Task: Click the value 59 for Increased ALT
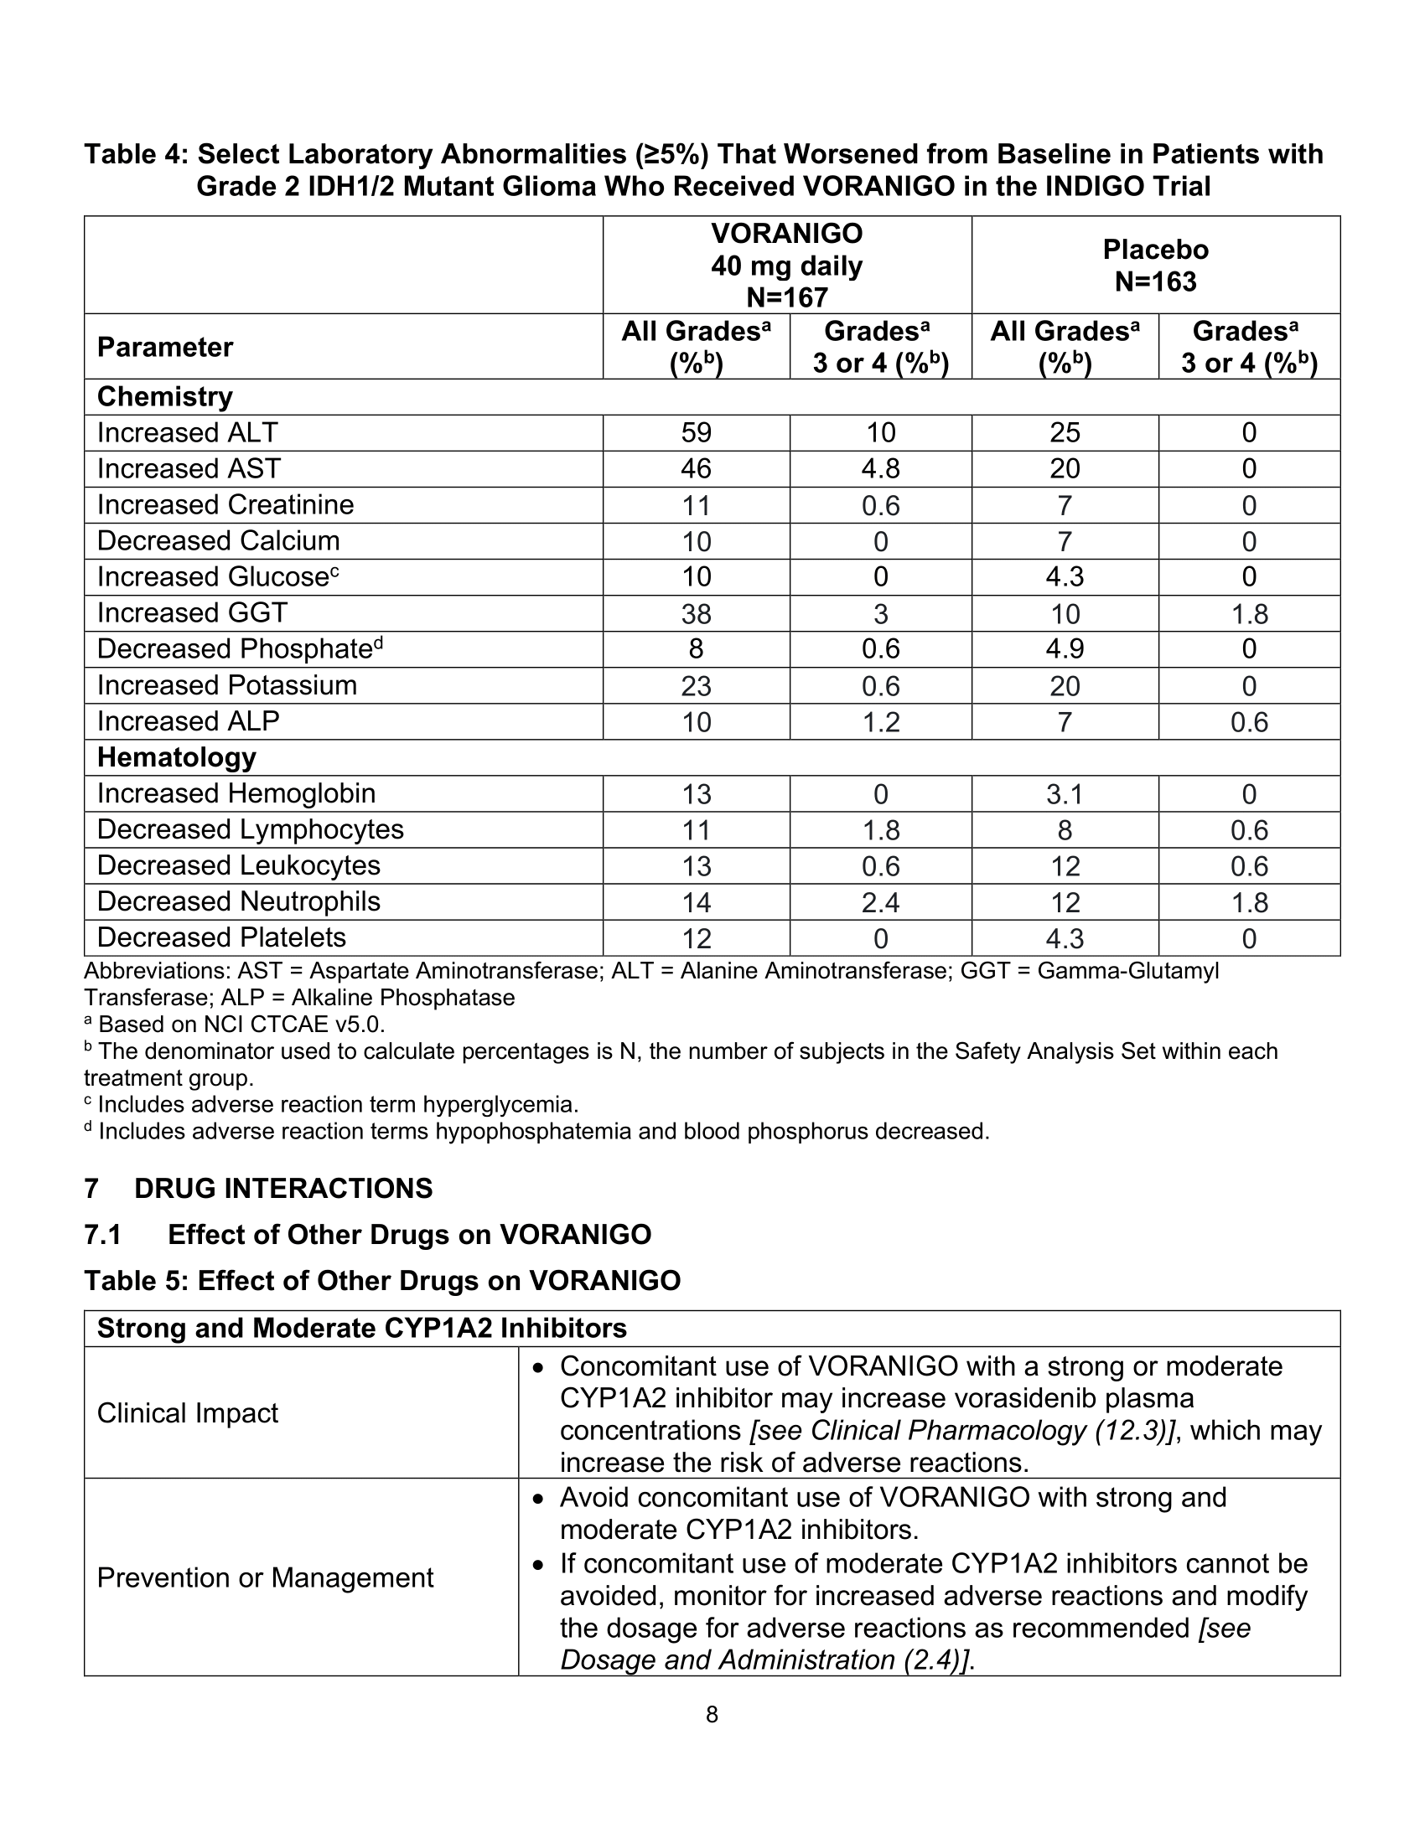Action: [696, 433]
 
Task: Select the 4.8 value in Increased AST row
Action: [879, 469]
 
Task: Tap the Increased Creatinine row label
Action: [225, 504]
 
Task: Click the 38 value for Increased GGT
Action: [696, 613]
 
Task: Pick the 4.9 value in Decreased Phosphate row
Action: [1064, 649]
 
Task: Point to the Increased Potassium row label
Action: [227, 685]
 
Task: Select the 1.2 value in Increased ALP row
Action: [879, 721]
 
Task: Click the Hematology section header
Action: [176, 757]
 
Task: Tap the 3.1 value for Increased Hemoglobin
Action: [1064, 794]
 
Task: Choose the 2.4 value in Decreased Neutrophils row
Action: [879, 902]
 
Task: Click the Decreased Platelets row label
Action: [221, 937]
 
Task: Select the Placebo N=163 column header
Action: [1155, 265]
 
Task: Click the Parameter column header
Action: [164, 347]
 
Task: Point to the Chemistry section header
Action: [164, 396]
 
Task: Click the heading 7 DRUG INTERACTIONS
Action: [258, 1188]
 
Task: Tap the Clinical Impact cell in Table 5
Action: [188, 1412]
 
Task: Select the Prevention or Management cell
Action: [265, 1577]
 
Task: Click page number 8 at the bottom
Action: [712, 1714]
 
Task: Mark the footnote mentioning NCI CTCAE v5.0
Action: [236, 1025]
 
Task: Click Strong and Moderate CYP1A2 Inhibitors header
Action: [361, 1329]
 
